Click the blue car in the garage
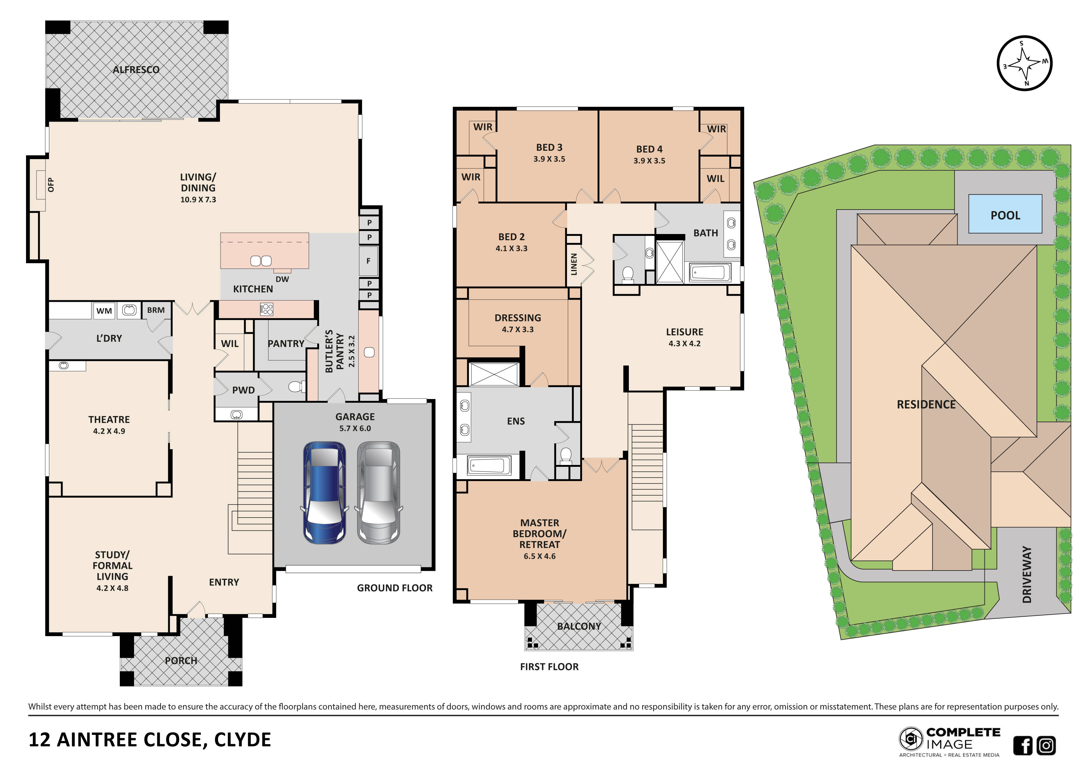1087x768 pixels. coord(324,492)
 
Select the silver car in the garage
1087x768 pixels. coord(378,492)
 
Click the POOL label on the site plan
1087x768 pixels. coord(1005,215)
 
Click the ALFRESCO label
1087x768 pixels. coord(136,70)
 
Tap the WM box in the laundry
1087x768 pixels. coord(104,311)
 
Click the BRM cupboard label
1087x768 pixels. coord(156,310)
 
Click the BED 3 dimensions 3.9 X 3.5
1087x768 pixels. coord(549,159)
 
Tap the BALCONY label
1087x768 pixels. coord(579,626)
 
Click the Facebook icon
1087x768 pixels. coord(1022,745)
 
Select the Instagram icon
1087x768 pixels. coord(1046,745)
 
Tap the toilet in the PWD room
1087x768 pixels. coord(296,387)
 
